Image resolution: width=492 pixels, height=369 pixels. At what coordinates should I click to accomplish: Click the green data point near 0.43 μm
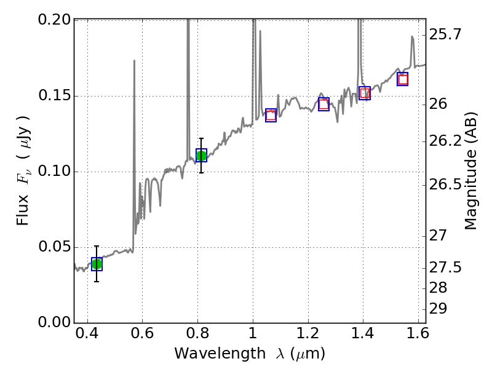97,264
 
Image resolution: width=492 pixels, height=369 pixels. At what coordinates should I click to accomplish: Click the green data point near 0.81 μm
201,156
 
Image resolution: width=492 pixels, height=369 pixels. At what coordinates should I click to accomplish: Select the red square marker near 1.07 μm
271,115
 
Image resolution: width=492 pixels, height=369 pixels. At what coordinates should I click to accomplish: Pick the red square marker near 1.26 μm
323,104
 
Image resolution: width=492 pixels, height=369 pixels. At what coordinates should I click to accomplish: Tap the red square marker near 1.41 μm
365,93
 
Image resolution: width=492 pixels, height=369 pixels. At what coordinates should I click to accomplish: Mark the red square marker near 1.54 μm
403,79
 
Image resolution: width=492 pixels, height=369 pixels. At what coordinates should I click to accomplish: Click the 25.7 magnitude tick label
445,34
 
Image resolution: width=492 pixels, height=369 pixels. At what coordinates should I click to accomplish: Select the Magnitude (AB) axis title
471,171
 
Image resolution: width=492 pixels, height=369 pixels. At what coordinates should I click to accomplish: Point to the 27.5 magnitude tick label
445,268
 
